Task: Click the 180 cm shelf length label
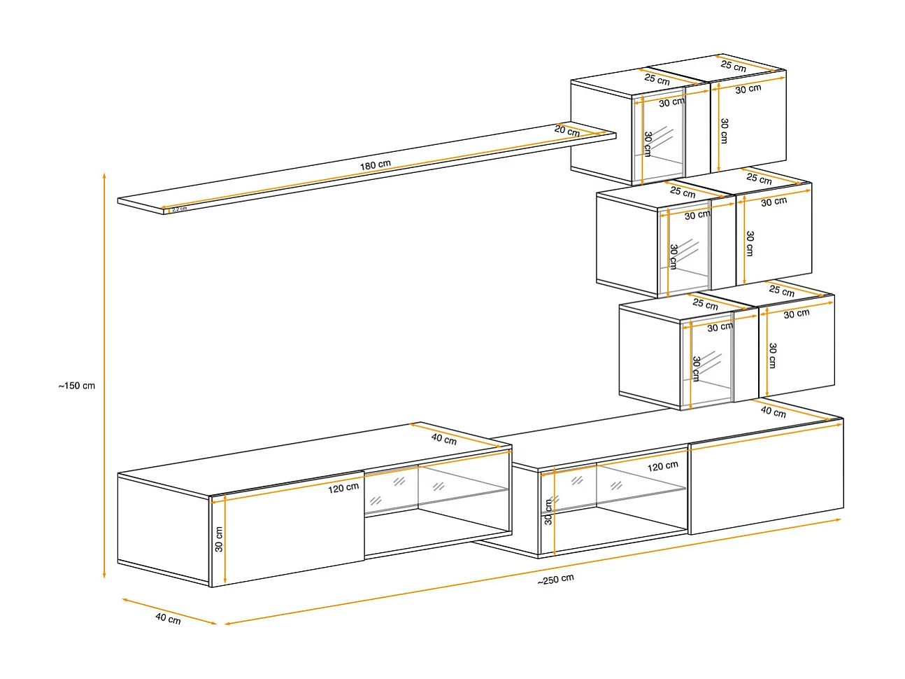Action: [376, 165]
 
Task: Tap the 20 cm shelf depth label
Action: [567, 131]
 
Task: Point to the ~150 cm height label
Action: [77, 386]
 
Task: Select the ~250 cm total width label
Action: [556, 580]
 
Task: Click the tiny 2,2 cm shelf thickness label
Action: [179, 209]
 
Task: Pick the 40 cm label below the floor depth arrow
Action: [168, 619]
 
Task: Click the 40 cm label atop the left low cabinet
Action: [443, 439]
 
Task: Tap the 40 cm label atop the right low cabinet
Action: [773, 412]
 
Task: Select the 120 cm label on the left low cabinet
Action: [343, 487]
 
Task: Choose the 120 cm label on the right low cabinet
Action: [662, 466]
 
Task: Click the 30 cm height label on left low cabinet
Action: [219, 539]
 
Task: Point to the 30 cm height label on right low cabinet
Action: [548, 512]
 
